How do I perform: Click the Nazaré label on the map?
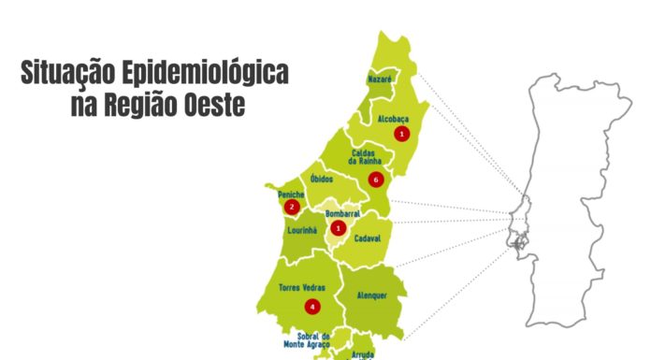[x=379, y=80]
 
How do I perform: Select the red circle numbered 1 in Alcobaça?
[x=402, y=134]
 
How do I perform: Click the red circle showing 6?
[x=376, y=179]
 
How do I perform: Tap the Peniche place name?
[x=292, y=194]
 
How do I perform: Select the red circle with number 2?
[x=293, y=207]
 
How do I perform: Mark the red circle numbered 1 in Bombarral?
[x=339, y=227]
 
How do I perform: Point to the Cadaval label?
[x=368, y=238]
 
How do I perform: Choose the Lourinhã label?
[x=304, y=229]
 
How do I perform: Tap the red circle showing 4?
[x=312, y=306]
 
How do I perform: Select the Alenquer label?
[x=371, y=295]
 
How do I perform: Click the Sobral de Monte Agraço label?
[x=313, y=340]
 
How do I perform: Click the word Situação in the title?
[x=71, y=73]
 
